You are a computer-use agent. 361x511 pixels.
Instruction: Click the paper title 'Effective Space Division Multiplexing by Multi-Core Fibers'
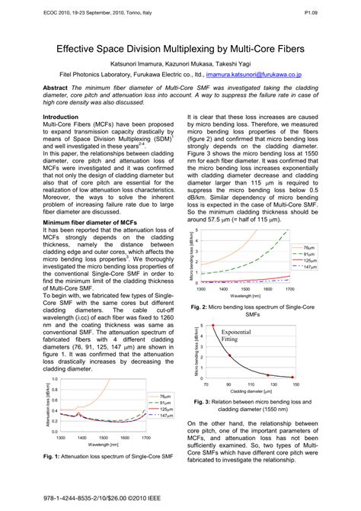pyautogui.click(x=180, y=47)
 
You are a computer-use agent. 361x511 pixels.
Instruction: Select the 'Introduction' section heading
pyautogui.click(x=65, y=117)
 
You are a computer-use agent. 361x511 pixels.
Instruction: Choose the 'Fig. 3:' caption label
pyautogui.click(x=207, y=402)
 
